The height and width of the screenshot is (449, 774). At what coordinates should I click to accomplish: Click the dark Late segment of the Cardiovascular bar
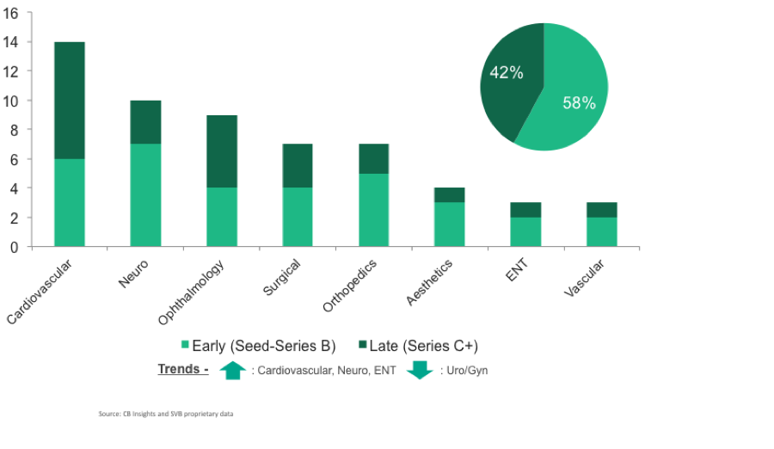[x=70, y=100]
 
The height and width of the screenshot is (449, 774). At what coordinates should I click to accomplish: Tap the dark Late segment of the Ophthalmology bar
[x=221, y=151]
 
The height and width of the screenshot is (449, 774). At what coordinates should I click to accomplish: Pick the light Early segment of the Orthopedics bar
[x=373, y=210]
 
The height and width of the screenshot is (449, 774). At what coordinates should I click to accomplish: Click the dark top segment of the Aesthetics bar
[x=449, y=195]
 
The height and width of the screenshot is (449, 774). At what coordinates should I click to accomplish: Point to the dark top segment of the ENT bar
[x=525, y=210]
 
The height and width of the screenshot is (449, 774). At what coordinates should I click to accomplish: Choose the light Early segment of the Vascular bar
[x=601, y=232]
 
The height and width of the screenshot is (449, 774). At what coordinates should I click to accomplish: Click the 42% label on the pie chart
[x=507, y=73]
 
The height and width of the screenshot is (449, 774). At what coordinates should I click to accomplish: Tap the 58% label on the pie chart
[x=579, y=103]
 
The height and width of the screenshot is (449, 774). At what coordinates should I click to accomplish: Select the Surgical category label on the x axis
[x=281, y=278]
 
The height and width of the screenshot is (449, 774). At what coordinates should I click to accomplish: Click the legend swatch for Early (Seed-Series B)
[x=185, y=346]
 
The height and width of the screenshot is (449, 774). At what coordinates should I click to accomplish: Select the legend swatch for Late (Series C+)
[x=361, y=346]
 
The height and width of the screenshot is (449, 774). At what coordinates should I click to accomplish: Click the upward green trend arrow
[x=232, y=371]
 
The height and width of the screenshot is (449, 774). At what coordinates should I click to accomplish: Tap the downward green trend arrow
[x=419, y=371]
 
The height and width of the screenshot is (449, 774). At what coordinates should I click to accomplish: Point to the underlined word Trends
[x=181, y=370]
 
